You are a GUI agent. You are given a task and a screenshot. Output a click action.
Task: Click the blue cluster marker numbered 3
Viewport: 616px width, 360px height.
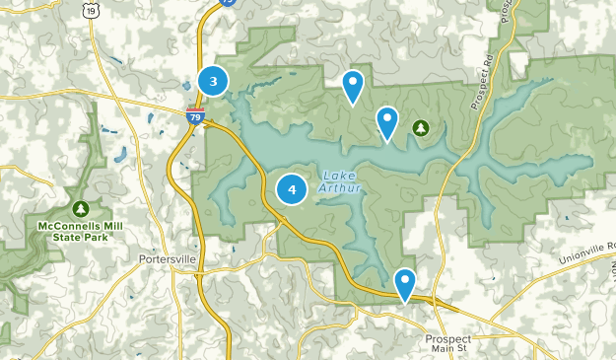(x=213, y=81)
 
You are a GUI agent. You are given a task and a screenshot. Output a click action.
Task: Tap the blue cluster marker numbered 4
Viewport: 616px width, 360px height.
(x=292, y=189)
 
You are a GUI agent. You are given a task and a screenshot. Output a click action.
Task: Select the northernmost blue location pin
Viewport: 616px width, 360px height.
(x=353, y=87)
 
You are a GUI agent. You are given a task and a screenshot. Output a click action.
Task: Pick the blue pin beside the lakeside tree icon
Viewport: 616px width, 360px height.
(x=387, y=122)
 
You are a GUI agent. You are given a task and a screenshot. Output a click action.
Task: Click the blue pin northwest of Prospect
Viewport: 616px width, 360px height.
(x=404, y=284)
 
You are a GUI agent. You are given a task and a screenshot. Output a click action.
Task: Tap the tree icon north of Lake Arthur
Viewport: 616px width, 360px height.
(x=421, y=128)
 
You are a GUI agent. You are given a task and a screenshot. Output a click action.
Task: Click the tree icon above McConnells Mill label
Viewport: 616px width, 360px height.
(x=80, y=209)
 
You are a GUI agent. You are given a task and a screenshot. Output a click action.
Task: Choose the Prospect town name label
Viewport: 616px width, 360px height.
(x=448, y=337)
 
